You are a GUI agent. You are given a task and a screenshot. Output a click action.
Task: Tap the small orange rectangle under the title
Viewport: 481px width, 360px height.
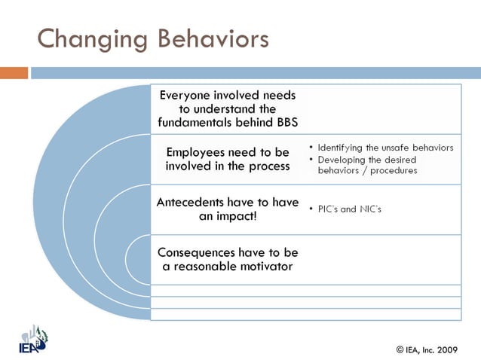point(14,73)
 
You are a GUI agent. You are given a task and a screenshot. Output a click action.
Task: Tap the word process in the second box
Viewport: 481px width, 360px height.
point(265,166)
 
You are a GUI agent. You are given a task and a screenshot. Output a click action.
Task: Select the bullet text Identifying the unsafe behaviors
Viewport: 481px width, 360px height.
point(385,148)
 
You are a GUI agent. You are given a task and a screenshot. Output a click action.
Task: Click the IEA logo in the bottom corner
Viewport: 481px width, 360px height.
point(32,338)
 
